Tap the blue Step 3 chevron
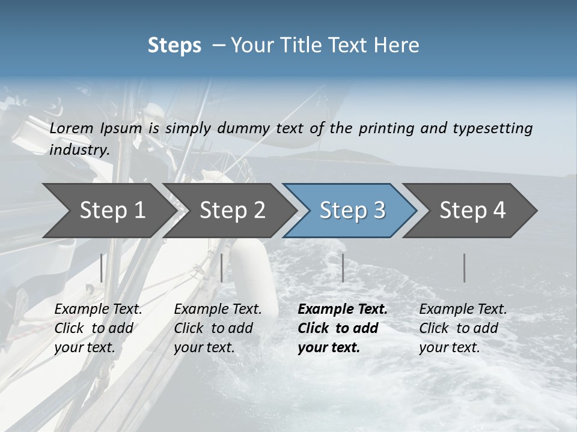coord(352,210)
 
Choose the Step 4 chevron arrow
coord(472,210)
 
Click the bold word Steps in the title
coord(174,46)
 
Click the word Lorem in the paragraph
coord(72,128)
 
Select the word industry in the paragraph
coord(79,150)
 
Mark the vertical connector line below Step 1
coord(102,268)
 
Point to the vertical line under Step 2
coord(222,268)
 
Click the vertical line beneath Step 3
coord(343,268)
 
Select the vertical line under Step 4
coord(465,268)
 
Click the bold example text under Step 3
coord(343,328)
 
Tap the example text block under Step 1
coord(98,328)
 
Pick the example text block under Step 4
coord(463,328)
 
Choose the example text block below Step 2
coord(218,328)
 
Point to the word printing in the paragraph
coord(386,128)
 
